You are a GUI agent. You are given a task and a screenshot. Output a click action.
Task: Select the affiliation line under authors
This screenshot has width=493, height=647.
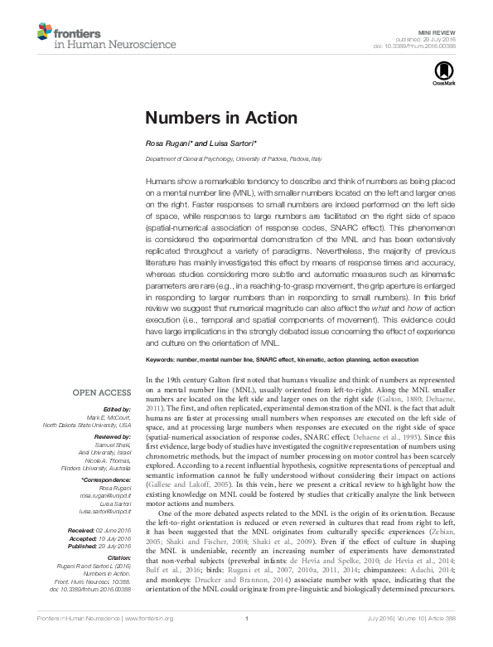coord(227,158)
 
